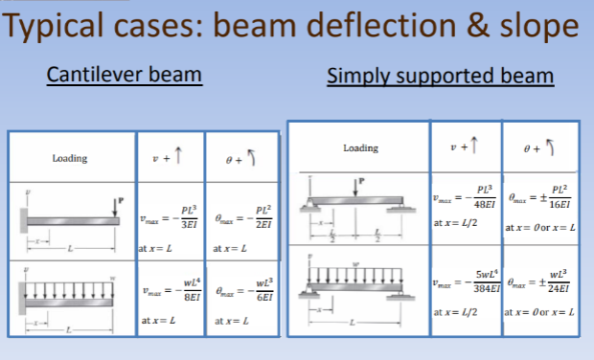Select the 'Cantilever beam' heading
coord(125,75)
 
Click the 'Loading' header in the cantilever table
coord(72,157)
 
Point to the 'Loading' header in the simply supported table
coord(360,147)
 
